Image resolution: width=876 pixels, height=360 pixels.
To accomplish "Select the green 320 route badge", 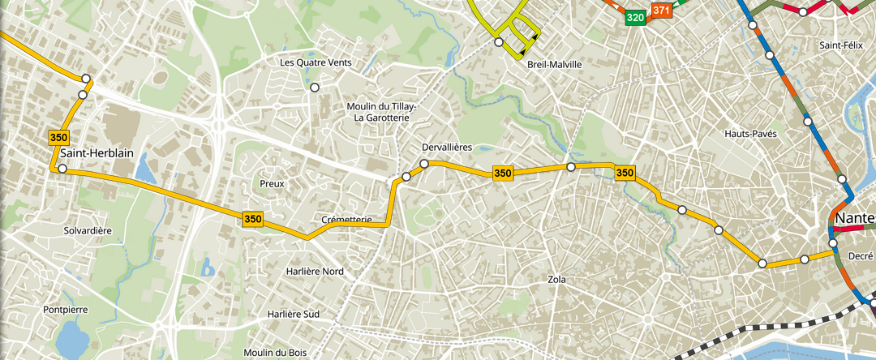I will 635,17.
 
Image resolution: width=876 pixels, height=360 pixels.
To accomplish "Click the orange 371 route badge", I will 661,11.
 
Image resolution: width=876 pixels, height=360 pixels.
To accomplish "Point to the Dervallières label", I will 446,148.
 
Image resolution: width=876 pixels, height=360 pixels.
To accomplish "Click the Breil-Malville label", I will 555,64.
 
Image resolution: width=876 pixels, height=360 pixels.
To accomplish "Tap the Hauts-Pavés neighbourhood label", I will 750,133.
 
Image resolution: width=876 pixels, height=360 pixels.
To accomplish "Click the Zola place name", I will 556,280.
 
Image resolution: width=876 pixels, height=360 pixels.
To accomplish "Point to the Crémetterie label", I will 346,220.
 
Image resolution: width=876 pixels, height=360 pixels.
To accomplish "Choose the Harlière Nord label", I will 315,271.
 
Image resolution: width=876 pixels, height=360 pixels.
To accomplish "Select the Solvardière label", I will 87,231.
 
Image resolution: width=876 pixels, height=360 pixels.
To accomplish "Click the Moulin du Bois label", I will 275,353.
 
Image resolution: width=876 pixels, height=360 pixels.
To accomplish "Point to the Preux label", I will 272,184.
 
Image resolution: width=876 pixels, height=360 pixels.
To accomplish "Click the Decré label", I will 860,255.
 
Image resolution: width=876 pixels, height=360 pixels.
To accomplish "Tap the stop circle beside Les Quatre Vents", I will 315,88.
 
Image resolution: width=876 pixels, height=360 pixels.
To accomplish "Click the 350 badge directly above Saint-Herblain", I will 58,137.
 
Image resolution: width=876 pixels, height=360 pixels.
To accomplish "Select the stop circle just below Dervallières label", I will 424,165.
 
